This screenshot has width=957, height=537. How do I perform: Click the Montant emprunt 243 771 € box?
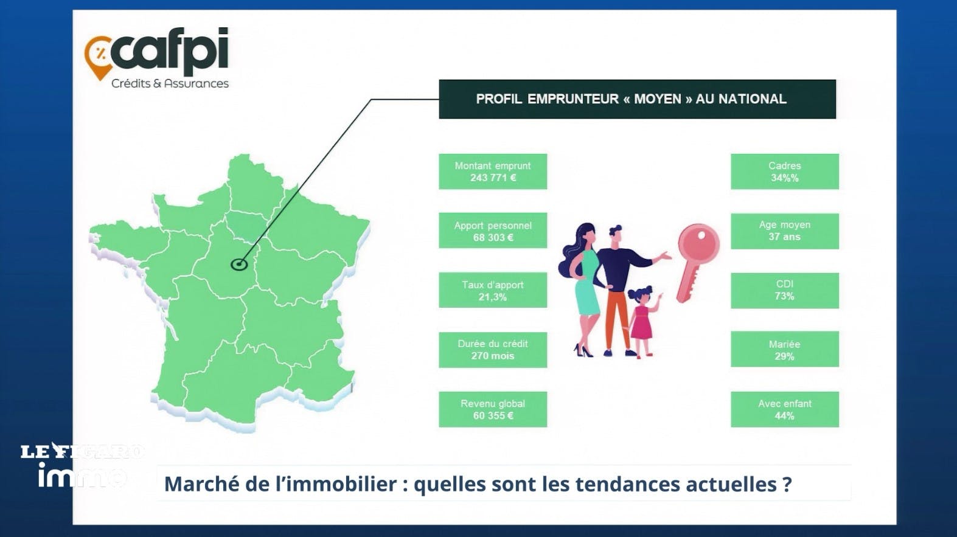pos(493,171)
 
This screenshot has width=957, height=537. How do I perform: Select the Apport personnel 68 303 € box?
pos(493,230)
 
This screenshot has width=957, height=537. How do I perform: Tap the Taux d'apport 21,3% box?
pos(493,290)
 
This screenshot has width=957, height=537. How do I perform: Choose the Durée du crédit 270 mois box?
pos(493,350)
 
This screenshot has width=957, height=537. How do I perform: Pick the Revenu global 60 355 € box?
pos(493,409)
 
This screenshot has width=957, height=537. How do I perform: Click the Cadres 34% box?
pos(785,171)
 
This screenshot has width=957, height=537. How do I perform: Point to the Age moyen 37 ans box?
pos(785,231)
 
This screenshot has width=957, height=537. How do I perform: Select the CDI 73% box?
pos(785,291)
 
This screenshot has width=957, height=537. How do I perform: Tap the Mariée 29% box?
pos(785,349)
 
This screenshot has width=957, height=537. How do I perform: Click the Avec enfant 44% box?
pos(785,409)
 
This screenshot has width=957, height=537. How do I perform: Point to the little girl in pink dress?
pos(642,320)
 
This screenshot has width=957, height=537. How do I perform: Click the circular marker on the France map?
pos(239,265)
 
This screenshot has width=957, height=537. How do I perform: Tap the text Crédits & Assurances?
pos(170,83)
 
